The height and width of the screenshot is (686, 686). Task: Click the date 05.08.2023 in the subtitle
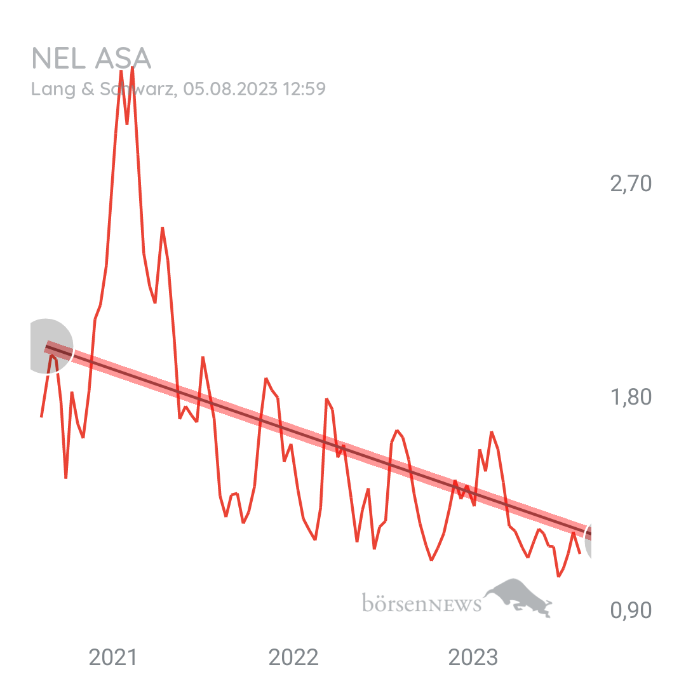[x=231, y=89]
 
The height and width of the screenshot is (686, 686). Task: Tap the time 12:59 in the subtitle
[x=304, y=89]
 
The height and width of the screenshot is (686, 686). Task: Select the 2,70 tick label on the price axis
[x=631, y=184]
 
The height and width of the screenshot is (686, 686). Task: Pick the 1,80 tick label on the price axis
[x=631, y=398]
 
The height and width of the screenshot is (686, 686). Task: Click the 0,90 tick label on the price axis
[x=631, y=611]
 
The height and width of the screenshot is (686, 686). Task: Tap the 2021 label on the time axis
[x=112, y=657]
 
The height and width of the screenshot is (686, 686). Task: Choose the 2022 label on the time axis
[x=293, y=657]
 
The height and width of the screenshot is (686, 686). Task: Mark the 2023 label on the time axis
[x=473, y=657]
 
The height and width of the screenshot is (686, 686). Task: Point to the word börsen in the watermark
[x=393, y=602]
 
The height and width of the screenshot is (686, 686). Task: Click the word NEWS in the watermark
[x=455, y=604]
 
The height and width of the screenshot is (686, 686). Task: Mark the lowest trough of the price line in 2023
[x=558, y=576]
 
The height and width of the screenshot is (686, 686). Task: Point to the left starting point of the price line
[x=41, y=417]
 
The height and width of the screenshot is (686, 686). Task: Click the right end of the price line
[x=580, y=552]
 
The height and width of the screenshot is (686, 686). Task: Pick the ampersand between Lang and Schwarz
[x=87, y=89]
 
